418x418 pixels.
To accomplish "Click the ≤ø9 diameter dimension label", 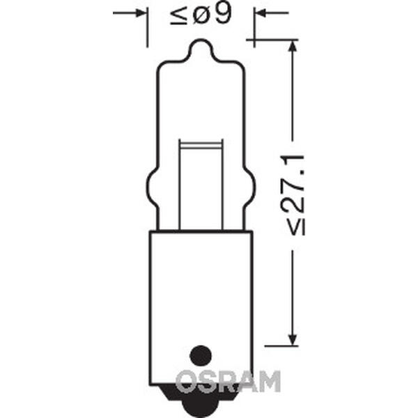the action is [x=201, y=15].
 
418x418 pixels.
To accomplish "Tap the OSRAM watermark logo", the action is [x=228, y=382].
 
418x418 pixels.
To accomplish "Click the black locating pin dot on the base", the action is [x=201, y=356].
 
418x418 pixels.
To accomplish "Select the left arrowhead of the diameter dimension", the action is [x=141, y=13].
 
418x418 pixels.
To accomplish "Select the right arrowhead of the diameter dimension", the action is [x=261, y=13].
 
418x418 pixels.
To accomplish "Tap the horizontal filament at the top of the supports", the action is [x=201, y=146].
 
